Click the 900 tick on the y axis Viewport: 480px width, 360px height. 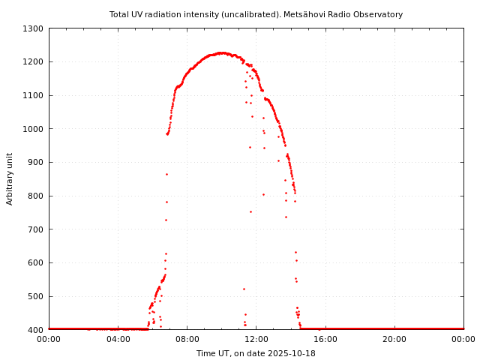click(37, 162)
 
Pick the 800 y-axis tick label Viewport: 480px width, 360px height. click(37, 196)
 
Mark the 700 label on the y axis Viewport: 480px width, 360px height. click(37, 229)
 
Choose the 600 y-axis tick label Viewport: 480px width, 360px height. click(37, 262)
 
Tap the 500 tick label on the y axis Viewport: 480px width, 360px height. click(37, 296)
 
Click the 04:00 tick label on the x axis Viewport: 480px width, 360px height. click(118, 339)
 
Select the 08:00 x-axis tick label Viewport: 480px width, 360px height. click(187, 339)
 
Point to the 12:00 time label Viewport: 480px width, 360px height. click(256, 339)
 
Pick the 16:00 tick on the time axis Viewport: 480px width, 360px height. click(325, 339)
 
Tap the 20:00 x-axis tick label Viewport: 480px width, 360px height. click(394, 339)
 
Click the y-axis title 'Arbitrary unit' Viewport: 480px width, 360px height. click(10, 178)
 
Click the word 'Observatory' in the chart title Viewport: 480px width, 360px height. click(379, 14)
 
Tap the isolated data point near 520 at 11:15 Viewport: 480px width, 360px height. click(244, 289)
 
